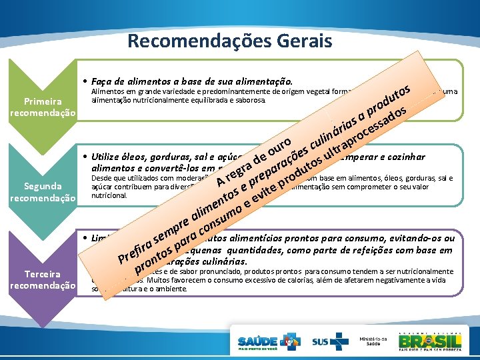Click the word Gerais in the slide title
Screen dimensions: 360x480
tap(307, 41)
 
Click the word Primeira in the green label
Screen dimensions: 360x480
tap(42, 101)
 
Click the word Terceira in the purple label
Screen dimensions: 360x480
tap(42, 274)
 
